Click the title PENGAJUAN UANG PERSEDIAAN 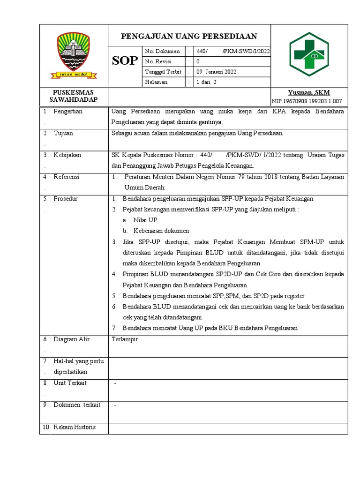click(x=189, y=37)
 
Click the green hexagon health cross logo click(x=309, y=55)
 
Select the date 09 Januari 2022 click(x=216, y=72)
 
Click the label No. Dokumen click(x=162, y=51)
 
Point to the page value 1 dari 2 click(x=206, y=82)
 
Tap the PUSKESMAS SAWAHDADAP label click(x=74, y=96)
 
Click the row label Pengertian click(x=68, y=112)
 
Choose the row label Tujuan click(x=63, y=133)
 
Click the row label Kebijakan click(x=67, y=155)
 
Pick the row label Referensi click(x=67, y=177)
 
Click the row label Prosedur click(x=66, y=199)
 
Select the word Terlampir click(x=125, y=339)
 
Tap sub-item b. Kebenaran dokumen click(x=156, y=231)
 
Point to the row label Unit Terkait click(x=70, y=383)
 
